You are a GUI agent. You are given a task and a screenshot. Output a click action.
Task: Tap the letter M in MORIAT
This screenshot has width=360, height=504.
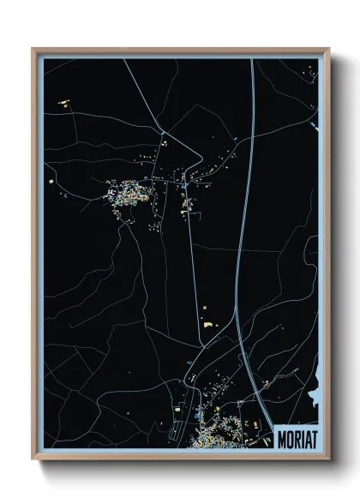283,439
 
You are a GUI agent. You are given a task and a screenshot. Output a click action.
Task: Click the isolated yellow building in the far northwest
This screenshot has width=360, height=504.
63,105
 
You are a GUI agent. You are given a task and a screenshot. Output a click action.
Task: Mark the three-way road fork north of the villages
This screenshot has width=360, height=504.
163,130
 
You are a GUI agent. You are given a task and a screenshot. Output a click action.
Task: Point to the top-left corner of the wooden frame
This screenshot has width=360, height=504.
33,48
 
